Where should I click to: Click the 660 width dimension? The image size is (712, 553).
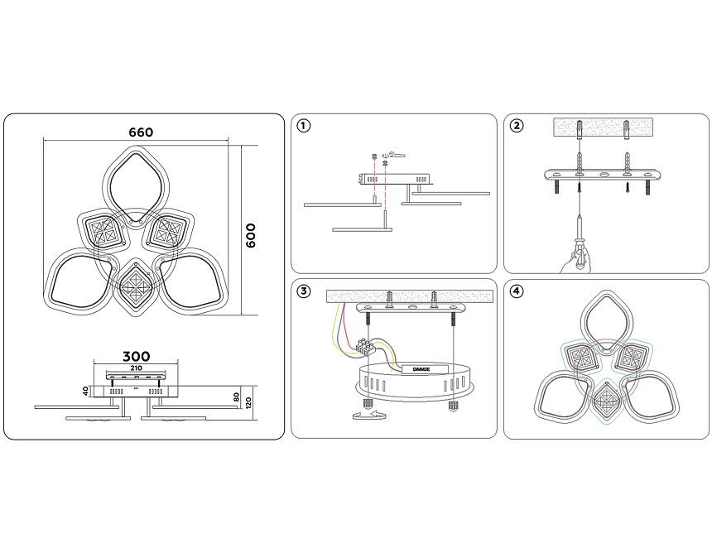(141, 132)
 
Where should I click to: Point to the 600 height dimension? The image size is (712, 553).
(251, 235)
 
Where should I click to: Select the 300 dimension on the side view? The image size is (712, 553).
(136, 357)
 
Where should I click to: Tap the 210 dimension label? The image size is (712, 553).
(136, 368)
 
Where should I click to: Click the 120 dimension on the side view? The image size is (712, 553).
(248, 402)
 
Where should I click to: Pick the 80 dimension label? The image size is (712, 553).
(236, 397)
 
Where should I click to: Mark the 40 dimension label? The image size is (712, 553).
(86, 391)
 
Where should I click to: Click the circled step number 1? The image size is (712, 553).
(303, 126)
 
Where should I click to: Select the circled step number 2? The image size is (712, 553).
(517, 126)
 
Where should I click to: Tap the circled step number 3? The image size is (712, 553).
(303, 291)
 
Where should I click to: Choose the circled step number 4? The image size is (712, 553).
(517, 291)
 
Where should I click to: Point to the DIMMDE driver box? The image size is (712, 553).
(421, 369)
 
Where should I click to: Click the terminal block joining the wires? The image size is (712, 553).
(367, 346)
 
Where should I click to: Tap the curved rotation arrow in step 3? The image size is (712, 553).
(368, 415)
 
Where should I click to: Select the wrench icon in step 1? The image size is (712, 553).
(394, 155)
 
